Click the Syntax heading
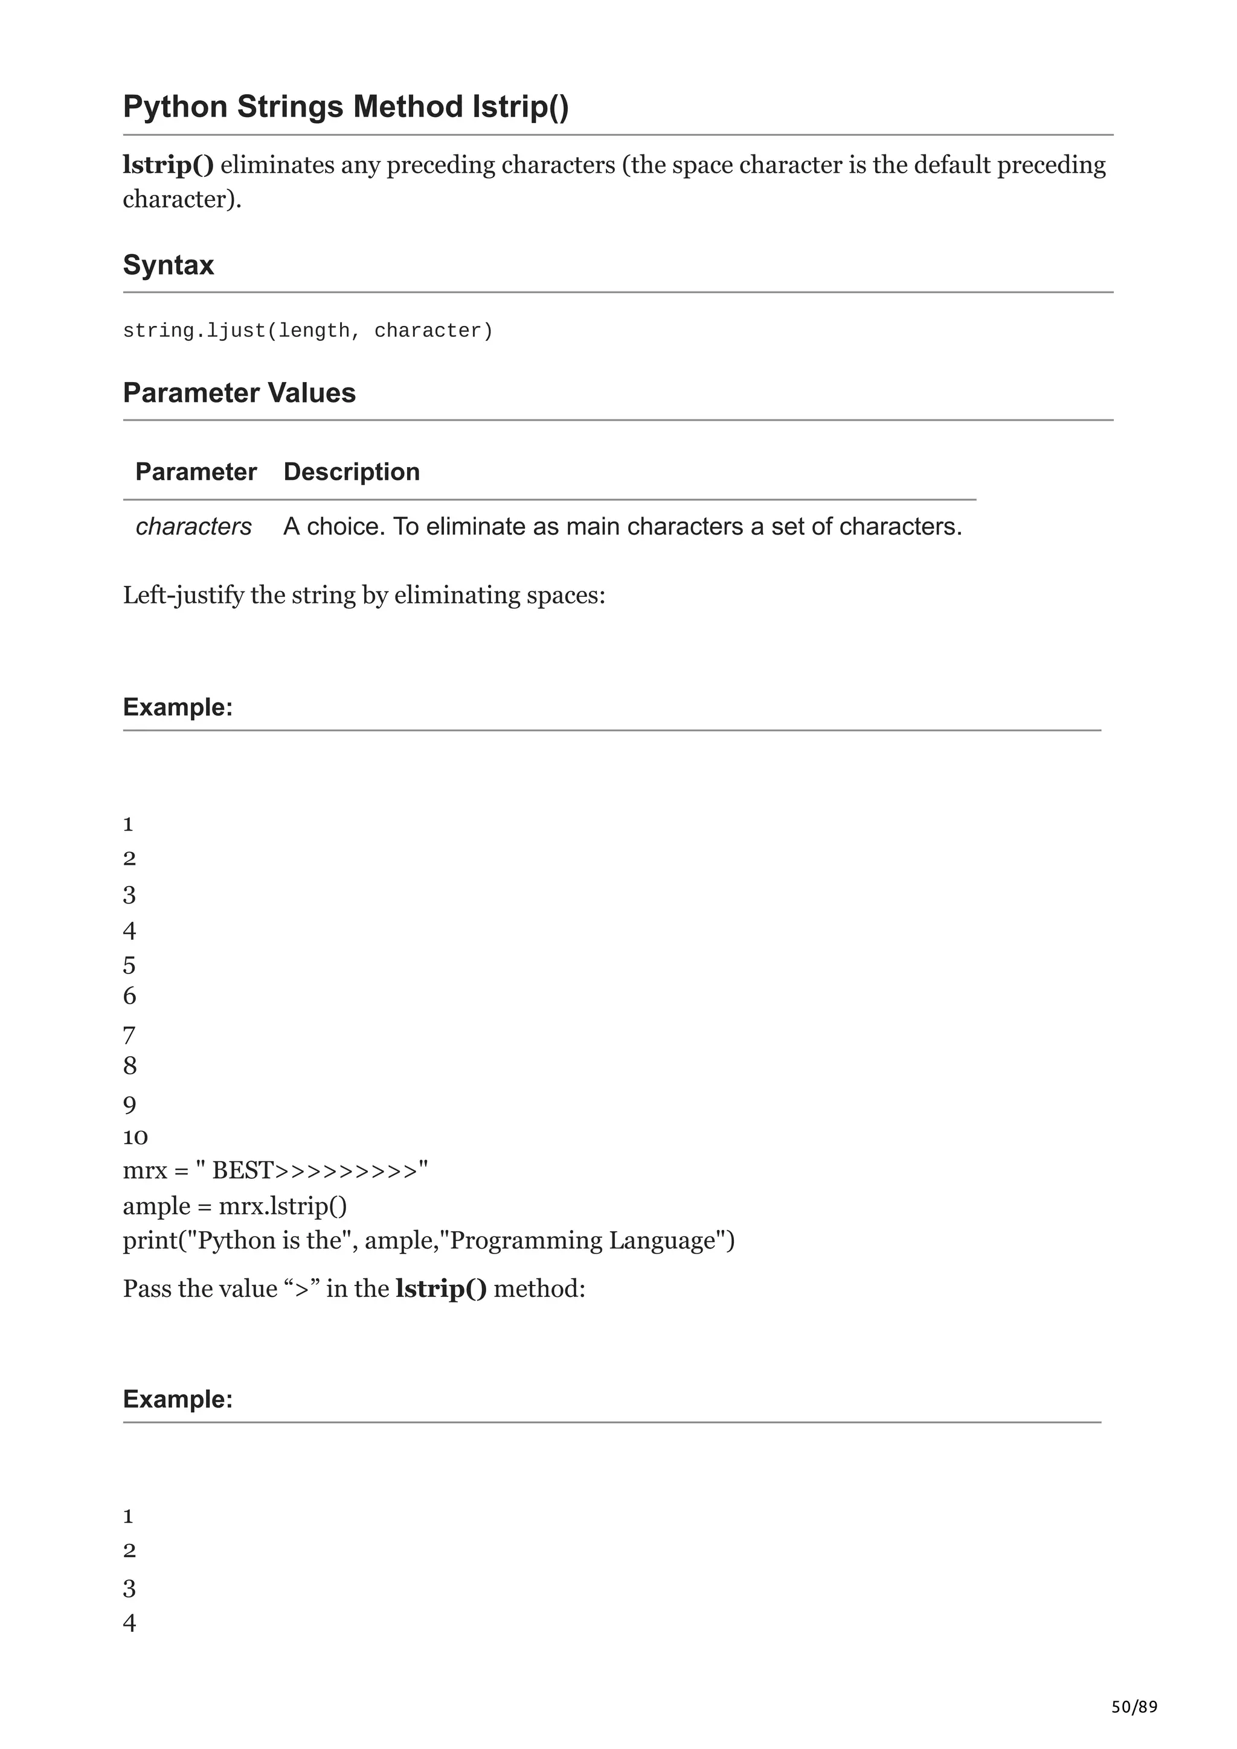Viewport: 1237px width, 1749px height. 169,265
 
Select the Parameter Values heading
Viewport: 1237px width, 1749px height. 239,393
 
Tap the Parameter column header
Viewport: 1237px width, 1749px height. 196,473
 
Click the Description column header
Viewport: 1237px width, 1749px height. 352,473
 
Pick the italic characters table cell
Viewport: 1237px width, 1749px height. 194,526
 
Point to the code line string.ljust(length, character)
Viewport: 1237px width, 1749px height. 308,331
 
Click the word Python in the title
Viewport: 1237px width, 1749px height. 175,107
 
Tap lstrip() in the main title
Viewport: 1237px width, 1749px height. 521,107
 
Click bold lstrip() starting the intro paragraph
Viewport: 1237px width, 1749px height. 169,165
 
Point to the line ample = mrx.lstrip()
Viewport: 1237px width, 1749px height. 235,1206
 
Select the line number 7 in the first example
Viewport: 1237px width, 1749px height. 129,1035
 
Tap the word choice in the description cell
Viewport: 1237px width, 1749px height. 343,526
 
